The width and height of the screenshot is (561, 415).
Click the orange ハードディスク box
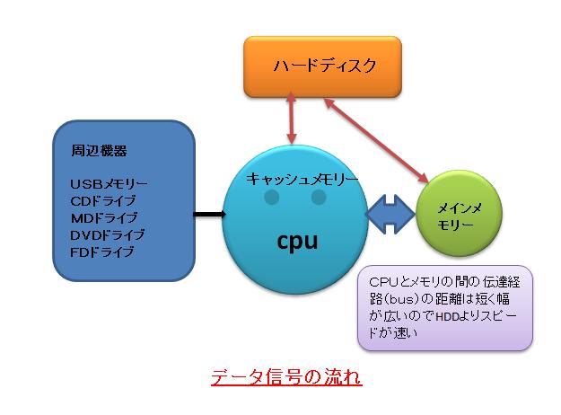323,66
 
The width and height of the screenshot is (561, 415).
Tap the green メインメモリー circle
460,214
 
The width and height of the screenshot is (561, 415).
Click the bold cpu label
297,242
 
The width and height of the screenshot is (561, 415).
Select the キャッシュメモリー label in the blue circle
302,179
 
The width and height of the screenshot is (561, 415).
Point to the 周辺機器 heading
99,151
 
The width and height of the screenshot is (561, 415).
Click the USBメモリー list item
109,184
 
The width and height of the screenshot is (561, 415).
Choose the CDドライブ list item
103,201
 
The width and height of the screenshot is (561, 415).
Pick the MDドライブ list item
104,217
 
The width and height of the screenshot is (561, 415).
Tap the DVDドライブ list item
108,234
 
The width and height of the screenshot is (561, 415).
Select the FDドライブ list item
102,252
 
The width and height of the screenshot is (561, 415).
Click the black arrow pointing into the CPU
210,215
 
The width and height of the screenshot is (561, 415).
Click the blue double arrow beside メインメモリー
390,214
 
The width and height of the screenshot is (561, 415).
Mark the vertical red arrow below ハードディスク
291,119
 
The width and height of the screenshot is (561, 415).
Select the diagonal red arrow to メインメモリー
376,140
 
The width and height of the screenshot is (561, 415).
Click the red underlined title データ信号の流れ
286,377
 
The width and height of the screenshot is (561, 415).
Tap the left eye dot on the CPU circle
272,197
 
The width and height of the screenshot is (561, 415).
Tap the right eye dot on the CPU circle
319,197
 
